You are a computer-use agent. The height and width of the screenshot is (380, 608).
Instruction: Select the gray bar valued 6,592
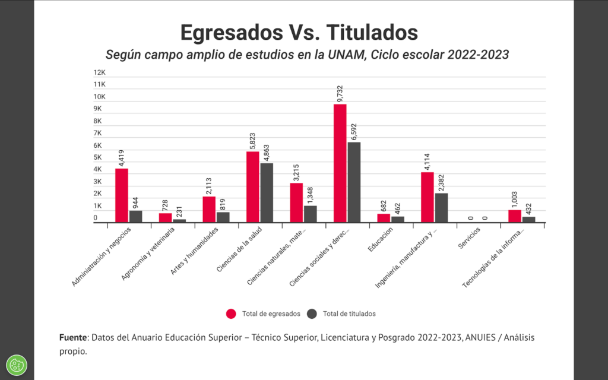tap(354, 182)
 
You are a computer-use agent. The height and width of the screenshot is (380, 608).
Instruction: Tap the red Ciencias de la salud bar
tap(253, 187)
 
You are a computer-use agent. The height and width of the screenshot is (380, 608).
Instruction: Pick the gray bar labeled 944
tap(135, 217)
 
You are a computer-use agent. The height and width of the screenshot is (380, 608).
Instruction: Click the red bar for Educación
tap(384, 218)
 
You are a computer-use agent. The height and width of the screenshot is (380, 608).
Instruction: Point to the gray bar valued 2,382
tap(441, 208)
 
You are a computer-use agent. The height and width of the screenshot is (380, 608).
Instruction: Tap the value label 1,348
tap(311, 194)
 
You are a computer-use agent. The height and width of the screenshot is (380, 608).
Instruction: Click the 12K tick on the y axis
tap(99, 72)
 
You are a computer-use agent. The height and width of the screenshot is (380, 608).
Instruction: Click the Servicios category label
tap(468, 243)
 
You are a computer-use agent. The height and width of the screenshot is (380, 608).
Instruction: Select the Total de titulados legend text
tap(349, 313)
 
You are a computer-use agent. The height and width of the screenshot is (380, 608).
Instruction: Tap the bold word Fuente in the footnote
tap(73, 337)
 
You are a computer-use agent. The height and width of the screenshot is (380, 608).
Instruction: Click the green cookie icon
tap(16, 364)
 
